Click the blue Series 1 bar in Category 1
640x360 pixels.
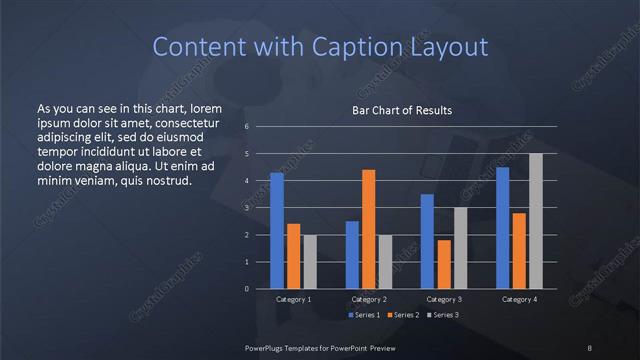pos(277,231)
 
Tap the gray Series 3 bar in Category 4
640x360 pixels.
pos(536,221)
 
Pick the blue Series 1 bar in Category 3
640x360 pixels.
pos(427,241)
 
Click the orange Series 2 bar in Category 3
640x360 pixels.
pos(443,264)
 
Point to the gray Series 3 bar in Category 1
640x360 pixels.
pos(310,262)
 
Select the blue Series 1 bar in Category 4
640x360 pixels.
pos(502,228)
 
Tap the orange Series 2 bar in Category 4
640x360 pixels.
pos(519,251)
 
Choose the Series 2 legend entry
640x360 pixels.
pos(405,315)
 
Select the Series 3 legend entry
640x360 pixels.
pos(443,315)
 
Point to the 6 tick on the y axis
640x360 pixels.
pos(246,127)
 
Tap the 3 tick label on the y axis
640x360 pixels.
pos(246,208)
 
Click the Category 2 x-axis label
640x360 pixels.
pos(369,299)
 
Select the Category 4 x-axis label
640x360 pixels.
pos(519,299)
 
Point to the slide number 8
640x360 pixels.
pos(590,347)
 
